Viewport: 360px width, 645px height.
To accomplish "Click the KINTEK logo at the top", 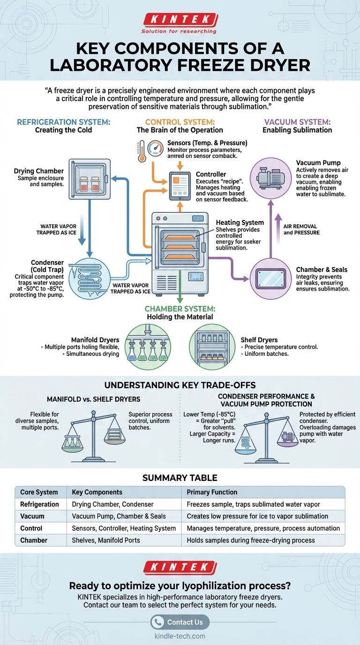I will pos(180,20).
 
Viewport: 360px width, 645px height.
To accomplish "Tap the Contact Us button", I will pos(180,622).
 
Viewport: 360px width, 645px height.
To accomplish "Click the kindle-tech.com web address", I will pos(180,636).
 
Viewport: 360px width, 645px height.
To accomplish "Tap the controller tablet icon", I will pos(180,185).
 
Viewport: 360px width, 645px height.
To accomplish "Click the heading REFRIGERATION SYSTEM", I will pos(63,122).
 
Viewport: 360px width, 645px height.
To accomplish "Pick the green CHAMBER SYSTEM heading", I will pos(180,308).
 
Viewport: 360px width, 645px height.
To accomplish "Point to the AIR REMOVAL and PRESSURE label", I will pos(301,229).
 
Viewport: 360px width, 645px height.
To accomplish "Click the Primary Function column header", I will pos(212,492).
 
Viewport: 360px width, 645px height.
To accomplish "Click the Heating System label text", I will pos(240,223).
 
